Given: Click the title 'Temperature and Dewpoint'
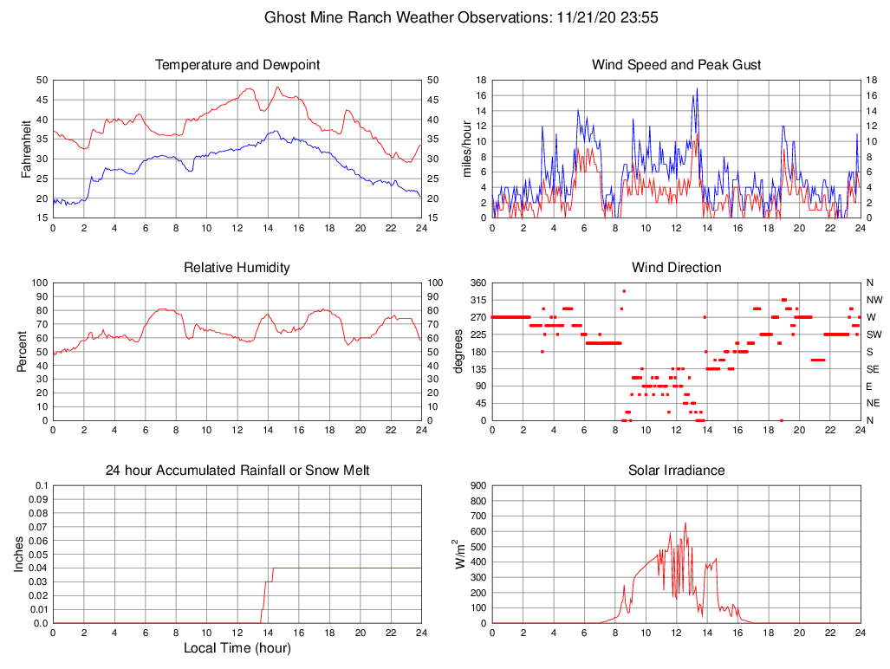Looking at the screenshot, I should (x=237, y=65).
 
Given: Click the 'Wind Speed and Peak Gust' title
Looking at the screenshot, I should (x=676, y=65).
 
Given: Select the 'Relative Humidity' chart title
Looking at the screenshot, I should (x=237, y=268).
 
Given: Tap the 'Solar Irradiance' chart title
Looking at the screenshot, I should (x=676, y=471).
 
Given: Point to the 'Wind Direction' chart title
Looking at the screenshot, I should (x=676, y=268).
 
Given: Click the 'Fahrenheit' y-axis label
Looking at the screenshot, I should (x=27, y=149).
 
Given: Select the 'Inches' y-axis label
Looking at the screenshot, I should (x=19, y=555).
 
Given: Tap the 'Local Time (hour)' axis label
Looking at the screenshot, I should (x=237, y=648).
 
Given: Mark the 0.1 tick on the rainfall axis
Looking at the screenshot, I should (x=39, y=485).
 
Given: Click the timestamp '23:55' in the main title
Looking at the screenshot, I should (x=640, y=17).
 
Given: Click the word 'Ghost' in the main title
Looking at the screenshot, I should (x=285, y=17).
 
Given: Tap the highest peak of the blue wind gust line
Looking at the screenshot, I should (x=697, y=88).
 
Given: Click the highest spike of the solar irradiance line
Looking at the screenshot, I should (x=685, y=523).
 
